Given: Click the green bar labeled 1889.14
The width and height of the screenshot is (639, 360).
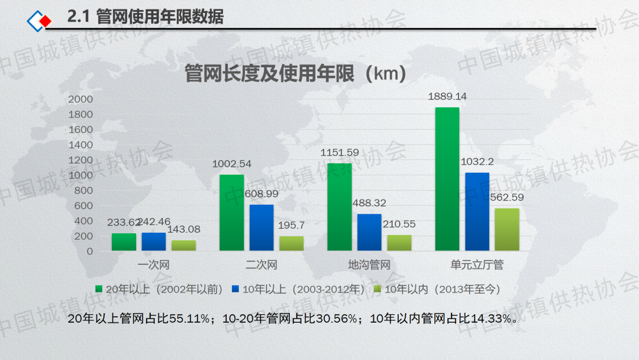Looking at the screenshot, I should [447, 179].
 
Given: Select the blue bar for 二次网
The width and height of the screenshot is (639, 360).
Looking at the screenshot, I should [262, 227].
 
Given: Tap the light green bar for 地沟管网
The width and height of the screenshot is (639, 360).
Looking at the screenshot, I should [399, 243].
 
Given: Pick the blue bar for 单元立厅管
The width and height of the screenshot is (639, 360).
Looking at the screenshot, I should [477, 211].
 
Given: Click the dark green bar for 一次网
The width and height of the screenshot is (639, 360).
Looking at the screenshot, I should [124, 242].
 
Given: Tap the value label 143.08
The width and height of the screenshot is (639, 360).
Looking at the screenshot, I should [184, 229].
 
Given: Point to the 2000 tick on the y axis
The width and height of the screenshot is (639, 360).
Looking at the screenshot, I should [80, 99].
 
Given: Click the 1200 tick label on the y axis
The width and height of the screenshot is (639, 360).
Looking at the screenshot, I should [80, 160].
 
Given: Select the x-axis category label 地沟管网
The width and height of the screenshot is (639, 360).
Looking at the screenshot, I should [369, 265].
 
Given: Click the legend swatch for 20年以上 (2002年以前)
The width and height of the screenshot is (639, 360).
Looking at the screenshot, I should [99, 290].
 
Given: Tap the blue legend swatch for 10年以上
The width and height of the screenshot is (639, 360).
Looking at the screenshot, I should [235, 290].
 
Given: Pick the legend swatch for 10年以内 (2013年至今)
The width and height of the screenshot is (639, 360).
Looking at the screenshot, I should [378, 290].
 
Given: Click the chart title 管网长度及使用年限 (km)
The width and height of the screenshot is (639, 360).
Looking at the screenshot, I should [295, 75].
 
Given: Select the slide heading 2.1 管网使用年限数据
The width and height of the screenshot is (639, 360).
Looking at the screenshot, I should [146, 18].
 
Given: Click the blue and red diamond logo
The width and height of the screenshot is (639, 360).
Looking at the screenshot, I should [39, 21].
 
